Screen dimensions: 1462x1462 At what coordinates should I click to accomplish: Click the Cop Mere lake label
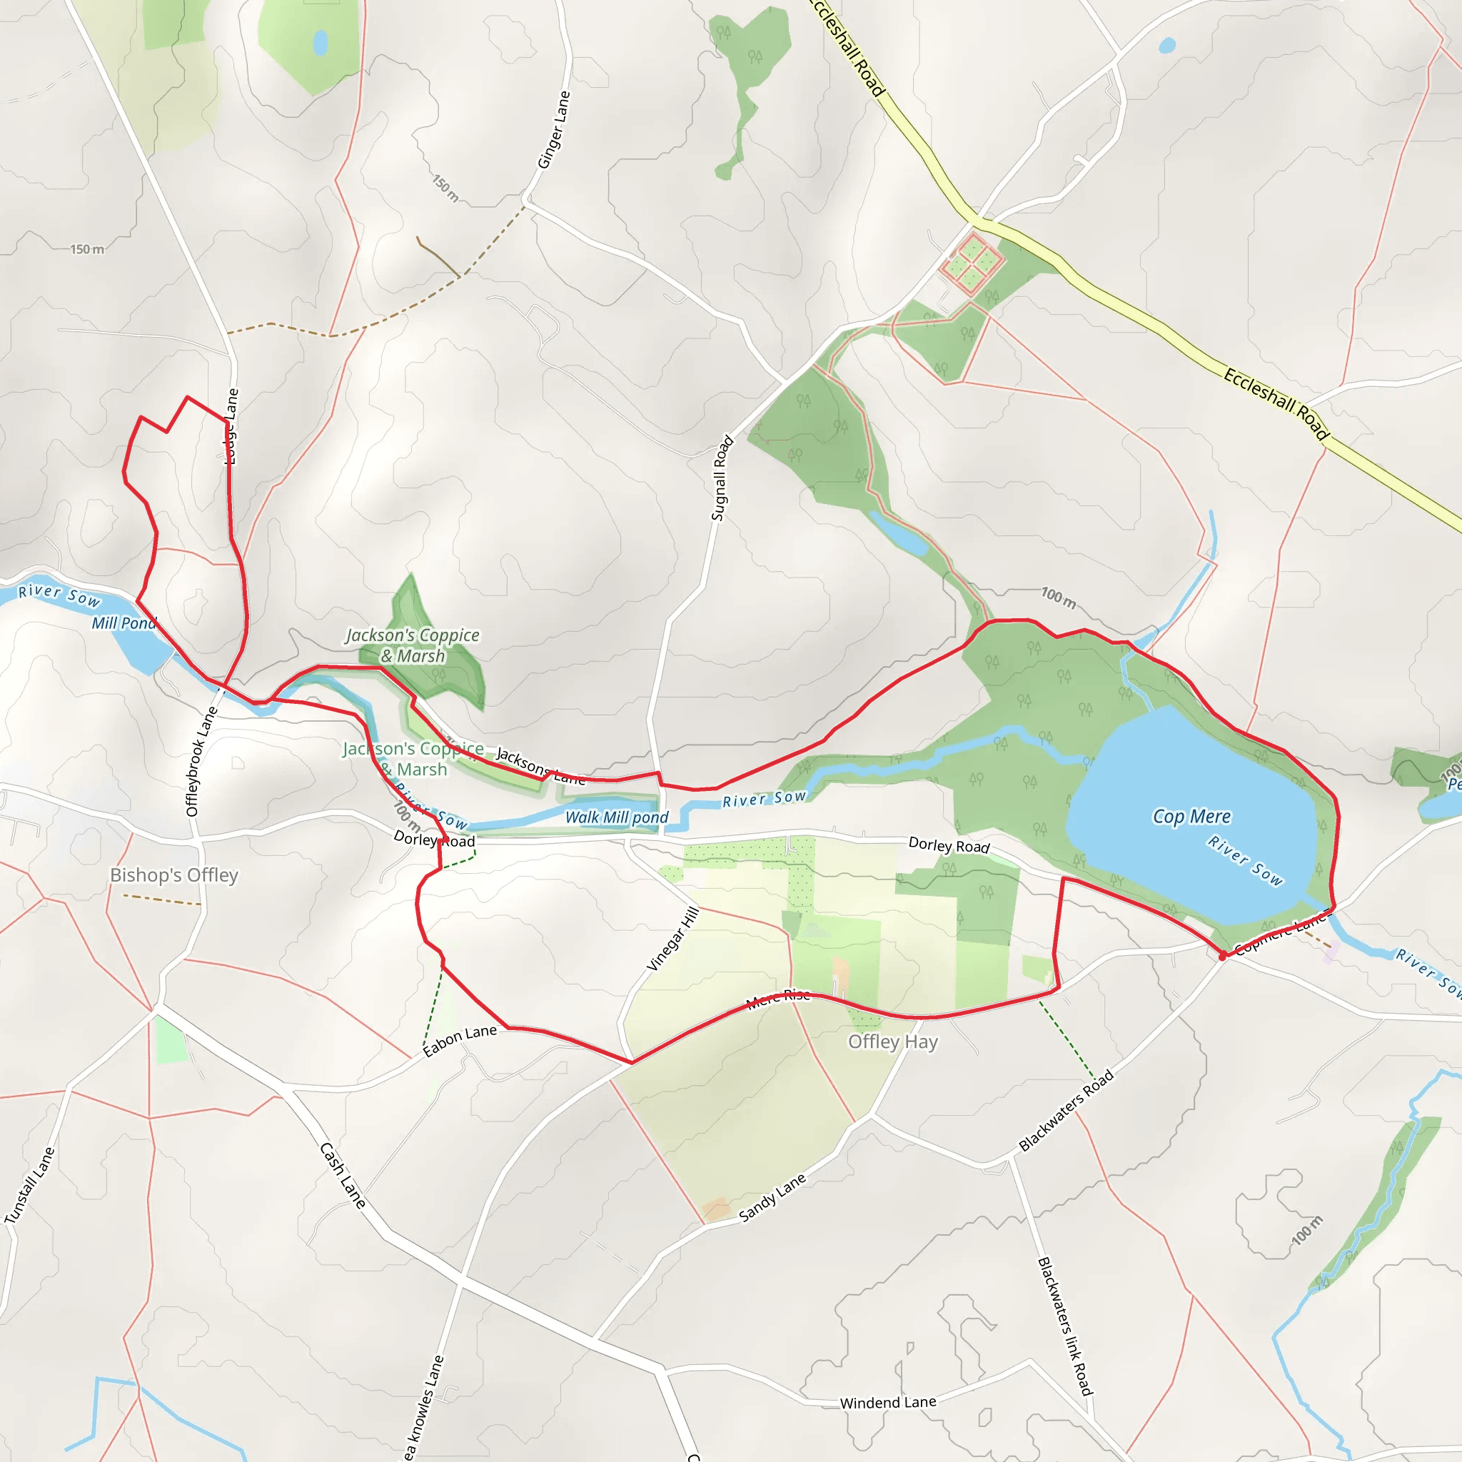[x=1191, y=817]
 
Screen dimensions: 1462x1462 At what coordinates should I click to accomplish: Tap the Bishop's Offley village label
[x=174, y=874]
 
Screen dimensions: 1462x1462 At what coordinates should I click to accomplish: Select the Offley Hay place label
[x=892, y=1042]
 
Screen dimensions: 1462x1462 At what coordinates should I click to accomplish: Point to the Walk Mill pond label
[x=617, y=817]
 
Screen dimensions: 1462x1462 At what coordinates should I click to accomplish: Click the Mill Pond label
[x=123, y=622]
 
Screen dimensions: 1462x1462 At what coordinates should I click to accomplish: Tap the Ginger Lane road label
[x=553, y=130]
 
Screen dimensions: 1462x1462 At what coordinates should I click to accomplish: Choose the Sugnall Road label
[x=722, y=478]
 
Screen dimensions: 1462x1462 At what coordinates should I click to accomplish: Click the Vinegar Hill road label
[x=672, y=938]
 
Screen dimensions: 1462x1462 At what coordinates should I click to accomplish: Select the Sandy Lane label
[x=772, y=1197]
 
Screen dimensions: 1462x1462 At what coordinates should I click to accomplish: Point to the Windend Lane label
[x=887, y=1402]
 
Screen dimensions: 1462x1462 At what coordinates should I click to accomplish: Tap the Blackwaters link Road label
[x=1064, y=1325]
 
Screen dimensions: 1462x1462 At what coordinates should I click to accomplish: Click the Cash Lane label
[x=343, y=1175]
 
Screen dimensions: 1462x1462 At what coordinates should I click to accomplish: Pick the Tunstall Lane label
[x=29, y=1185]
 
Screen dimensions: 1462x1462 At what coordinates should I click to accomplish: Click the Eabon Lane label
[x=459, y=1041]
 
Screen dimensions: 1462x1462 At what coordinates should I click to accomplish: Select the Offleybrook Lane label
[x=201, y=761]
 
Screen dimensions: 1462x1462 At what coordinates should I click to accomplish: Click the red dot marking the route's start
[x=1222, y=957]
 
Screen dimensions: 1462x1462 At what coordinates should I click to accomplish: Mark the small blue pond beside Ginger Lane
[x=320, y=42]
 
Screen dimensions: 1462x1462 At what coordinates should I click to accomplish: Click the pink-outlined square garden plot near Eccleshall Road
[x=972, y=263]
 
